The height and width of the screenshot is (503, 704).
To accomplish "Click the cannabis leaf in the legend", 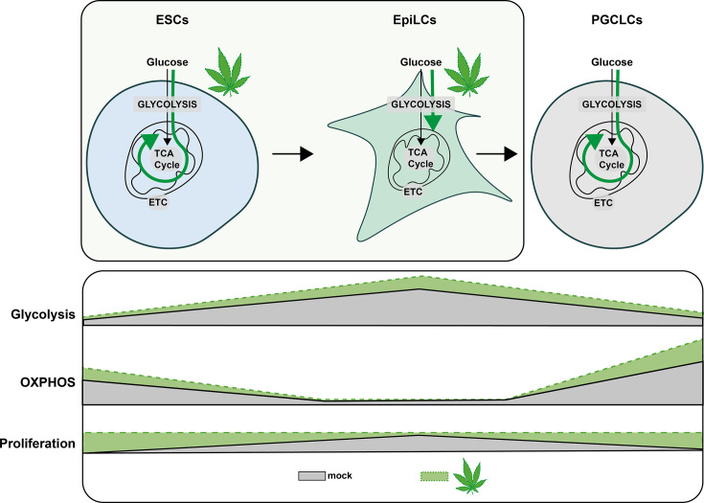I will point(468,472).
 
